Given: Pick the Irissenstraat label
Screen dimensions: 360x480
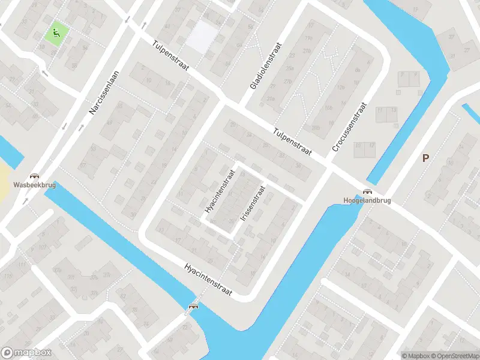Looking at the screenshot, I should (x=253, y=204).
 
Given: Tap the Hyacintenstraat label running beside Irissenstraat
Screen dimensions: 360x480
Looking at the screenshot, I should (x=219, y=191).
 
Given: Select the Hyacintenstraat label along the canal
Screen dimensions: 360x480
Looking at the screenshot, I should (x=208, y=278).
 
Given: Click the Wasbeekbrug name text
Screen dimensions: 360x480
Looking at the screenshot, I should (x=34, y=186).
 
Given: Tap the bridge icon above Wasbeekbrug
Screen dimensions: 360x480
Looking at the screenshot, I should (x=34, y=176).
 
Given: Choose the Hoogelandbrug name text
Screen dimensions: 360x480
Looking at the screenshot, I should (x=367, y=200).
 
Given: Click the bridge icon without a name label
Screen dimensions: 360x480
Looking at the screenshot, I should (x=194, y=307).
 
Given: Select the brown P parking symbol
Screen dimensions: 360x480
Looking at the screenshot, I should (x=426, y=158).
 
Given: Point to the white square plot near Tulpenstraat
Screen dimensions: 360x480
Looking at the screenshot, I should (x=200, y=37).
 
